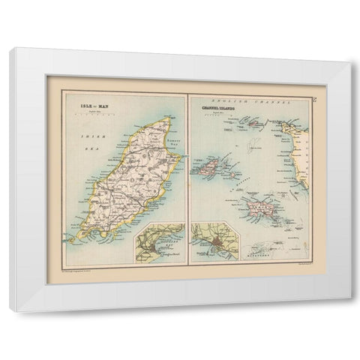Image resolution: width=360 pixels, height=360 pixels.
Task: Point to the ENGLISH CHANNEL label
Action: point(248,100)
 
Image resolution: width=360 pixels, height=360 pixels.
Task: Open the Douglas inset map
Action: point(159,241)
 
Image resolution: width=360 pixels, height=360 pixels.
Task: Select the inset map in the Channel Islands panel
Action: point(214,243)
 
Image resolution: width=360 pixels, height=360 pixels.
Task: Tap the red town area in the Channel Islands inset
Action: point(214,244)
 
